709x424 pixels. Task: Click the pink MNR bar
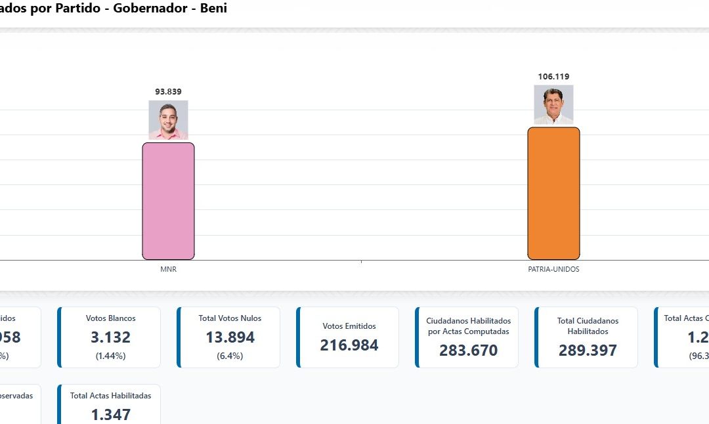coord(168,201)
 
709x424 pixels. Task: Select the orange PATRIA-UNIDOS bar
coord(553,193)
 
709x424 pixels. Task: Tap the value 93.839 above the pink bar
coord(168,92)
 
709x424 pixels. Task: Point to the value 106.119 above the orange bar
coord(553,77)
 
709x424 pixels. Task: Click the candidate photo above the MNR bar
coord(168,119)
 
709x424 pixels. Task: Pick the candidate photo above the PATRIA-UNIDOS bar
coord(553,104)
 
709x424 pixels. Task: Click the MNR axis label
coord(168,269)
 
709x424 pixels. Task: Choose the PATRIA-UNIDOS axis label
coord(553,269)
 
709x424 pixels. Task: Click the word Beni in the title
coord(213,9)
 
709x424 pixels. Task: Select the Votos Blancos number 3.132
coord(110,337)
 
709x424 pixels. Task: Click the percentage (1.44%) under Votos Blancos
coord(110,356)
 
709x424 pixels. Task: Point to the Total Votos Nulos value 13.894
coord(230,337)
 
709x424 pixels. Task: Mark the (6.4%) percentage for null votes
coord(230,356)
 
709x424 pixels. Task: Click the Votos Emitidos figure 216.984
coord(349,345)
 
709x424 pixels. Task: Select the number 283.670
coord(468,350)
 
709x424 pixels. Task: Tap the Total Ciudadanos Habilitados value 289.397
coord(588,350)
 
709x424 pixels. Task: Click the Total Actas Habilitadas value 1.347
coord(110,415)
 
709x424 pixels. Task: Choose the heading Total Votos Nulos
coord(230,318)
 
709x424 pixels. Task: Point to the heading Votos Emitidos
coord(349,326)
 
